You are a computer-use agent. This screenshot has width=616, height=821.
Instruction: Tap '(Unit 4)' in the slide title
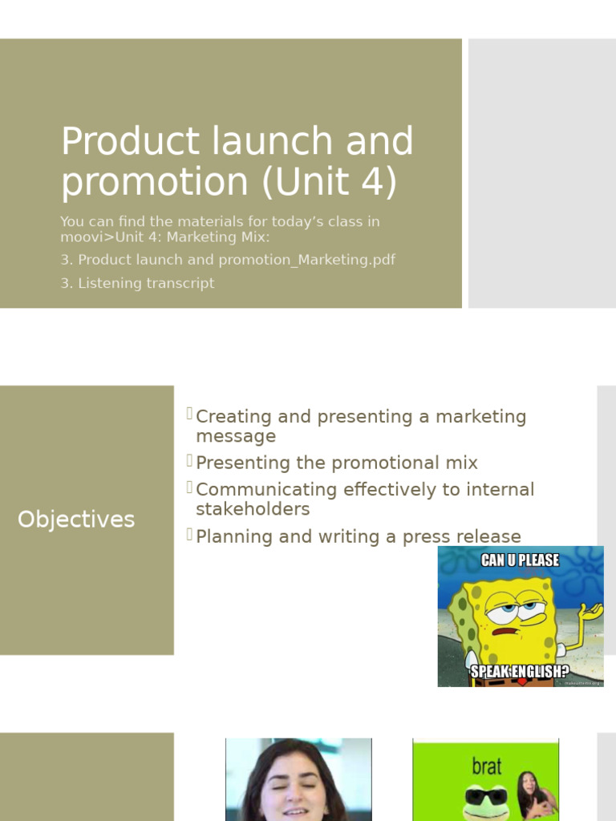[x=329, y=182]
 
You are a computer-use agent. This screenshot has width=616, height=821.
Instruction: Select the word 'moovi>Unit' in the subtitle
[x=100, y=237]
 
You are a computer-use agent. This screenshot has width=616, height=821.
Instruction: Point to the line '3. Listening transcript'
[x=137, y=283]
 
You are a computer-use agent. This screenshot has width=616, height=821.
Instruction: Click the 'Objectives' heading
[x=76, y=520]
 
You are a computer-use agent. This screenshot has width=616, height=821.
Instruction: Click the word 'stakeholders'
[x=253, y=509]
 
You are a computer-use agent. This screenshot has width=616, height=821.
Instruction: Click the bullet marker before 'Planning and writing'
[x=190, y=535]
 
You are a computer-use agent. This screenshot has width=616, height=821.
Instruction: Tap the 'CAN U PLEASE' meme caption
[x=520, y=560]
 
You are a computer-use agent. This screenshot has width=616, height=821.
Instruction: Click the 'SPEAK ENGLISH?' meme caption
[x=520, y=670]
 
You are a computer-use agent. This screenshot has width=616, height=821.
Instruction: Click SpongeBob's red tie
[x=521, y=682]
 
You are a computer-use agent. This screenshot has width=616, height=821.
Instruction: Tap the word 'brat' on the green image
[x=487, y=766]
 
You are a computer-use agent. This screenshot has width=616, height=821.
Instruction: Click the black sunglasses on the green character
[x=487, y=796]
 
